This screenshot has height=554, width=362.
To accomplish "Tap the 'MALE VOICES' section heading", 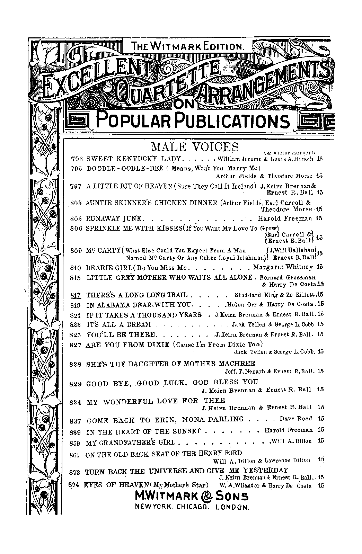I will coord(195,146).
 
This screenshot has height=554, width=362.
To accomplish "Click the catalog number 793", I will coord(76,159).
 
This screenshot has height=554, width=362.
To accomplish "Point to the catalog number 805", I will coord(76,218).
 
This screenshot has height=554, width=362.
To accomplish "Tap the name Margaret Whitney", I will coord(283,267).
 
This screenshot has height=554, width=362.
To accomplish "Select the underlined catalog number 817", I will coord(75,295).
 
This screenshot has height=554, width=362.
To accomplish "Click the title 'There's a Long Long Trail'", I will coord(136,295).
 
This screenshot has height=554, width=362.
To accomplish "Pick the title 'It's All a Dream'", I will coord(118,324).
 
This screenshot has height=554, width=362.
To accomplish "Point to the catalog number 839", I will coord(76,432).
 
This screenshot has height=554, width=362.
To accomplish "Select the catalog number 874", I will coord(75,485).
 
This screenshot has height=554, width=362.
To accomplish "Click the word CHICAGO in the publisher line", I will coord(192,507).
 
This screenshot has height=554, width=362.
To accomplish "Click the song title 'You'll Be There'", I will coord(121,334).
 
